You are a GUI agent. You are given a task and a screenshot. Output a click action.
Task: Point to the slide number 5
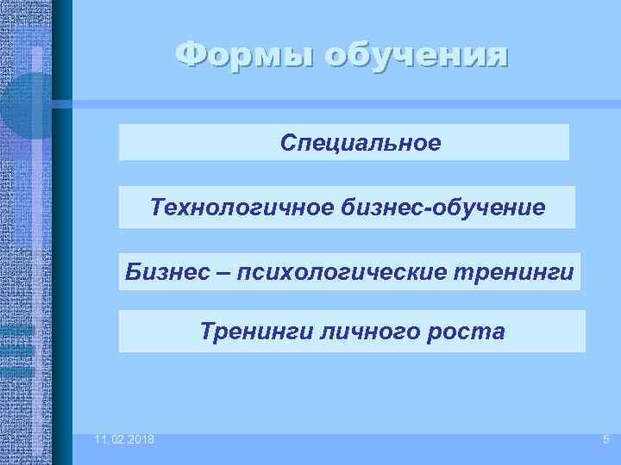click(605, 440)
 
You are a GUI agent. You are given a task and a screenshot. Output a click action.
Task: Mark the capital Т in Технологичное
click(156, 208)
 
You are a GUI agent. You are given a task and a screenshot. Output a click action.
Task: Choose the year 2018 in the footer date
click(140, 440)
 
